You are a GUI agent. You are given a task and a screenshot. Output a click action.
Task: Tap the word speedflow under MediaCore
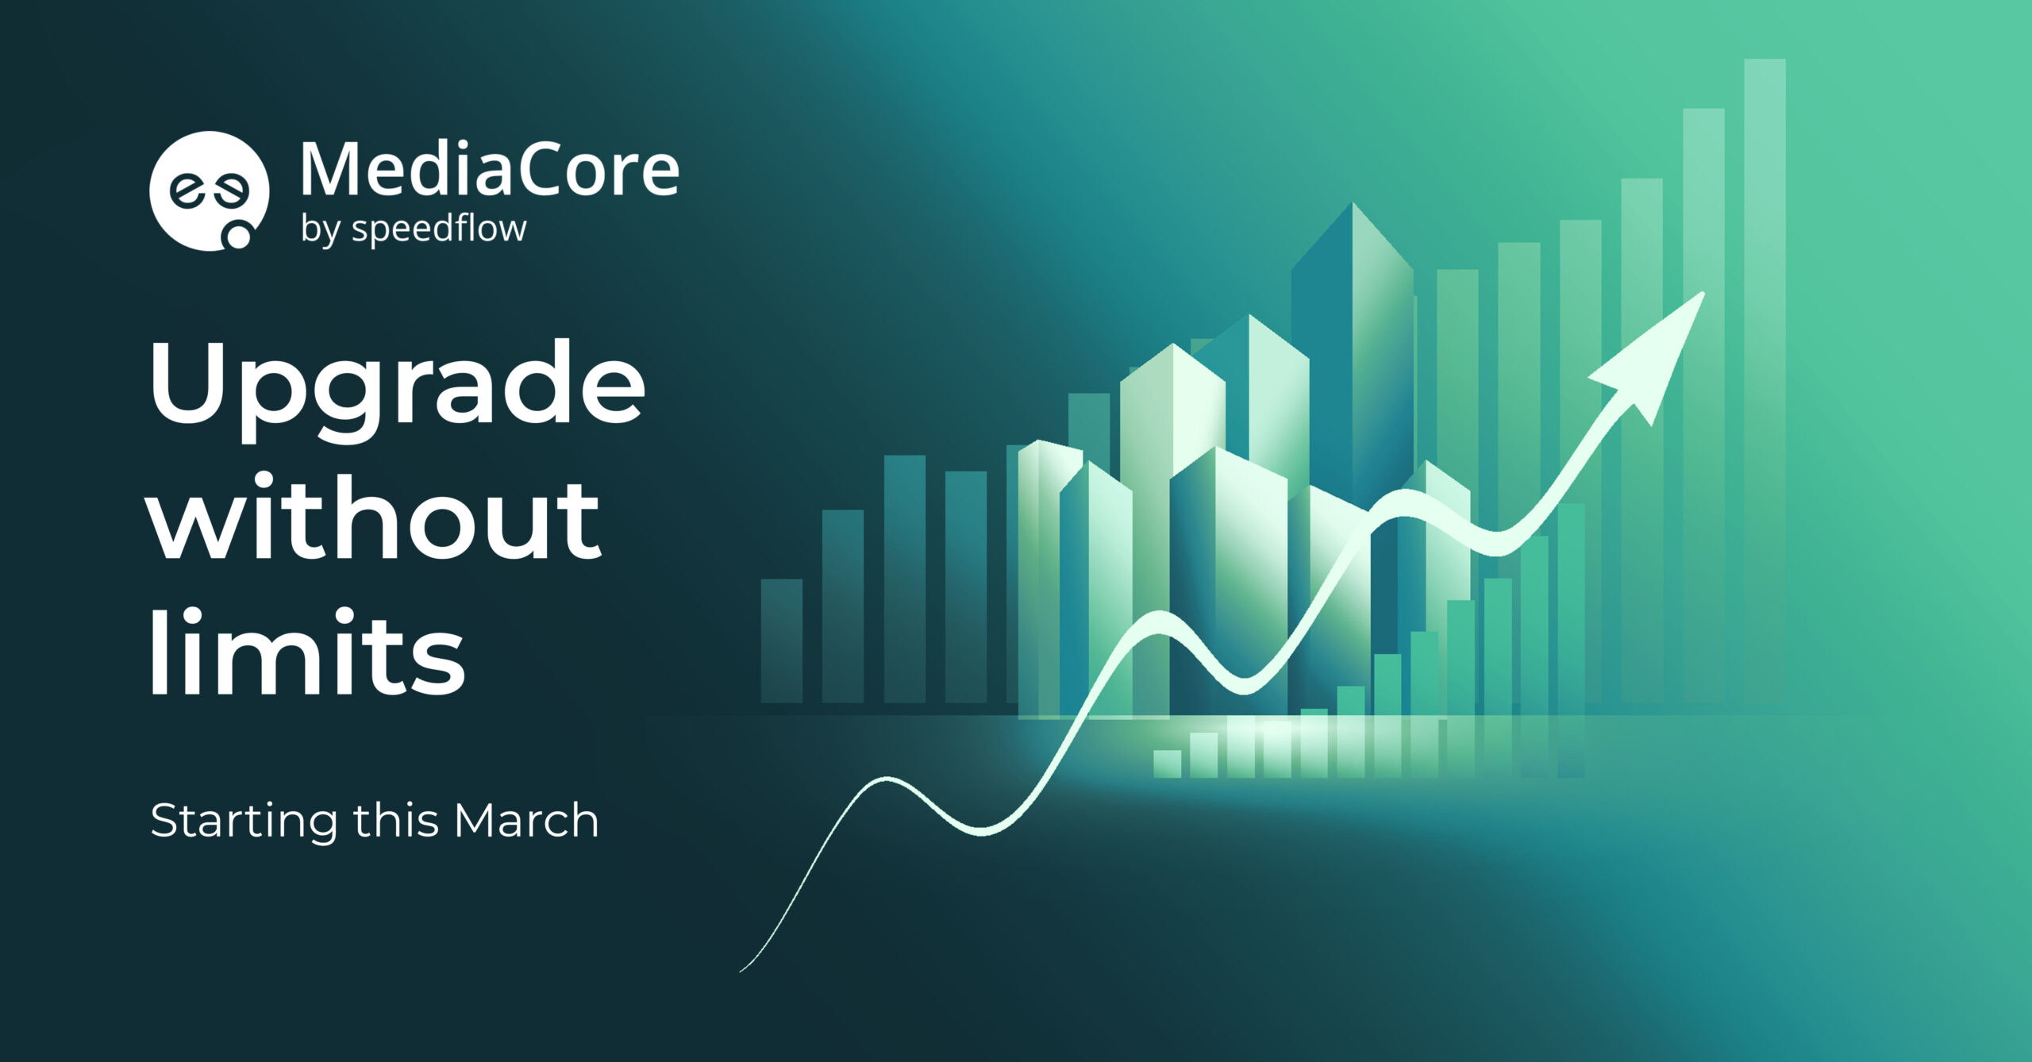(439, 230)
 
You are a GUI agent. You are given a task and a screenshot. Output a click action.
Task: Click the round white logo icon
(209, 191)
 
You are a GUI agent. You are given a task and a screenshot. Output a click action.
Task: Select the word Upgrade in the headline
(397, 389)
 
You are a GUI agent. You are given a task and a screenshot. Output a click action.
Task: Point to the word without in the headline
(375, 515)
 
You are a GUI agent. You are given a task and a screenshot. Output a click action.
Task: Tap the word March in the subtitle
(526, 820)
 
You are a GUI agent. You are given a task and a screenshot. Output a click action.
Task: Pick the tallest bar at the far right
(1765, 381)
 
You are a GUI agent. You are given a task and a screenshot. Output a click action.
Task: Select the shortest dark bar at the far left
(782, 641)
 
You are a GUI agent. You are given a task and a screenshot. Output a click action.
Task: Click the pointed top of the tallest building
(1353, 204)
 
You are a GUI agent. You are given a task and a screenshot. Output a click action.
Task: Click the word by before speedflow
(321, 231)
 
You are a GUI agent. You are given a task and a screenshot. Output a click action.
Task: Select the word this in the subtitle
(396, 820)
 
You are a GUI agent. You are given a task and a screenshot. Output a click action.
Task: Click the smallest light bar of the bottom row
(1167, 764)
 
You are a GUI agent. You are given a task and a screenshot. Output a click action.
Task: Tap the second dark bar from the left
(843, 606)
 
